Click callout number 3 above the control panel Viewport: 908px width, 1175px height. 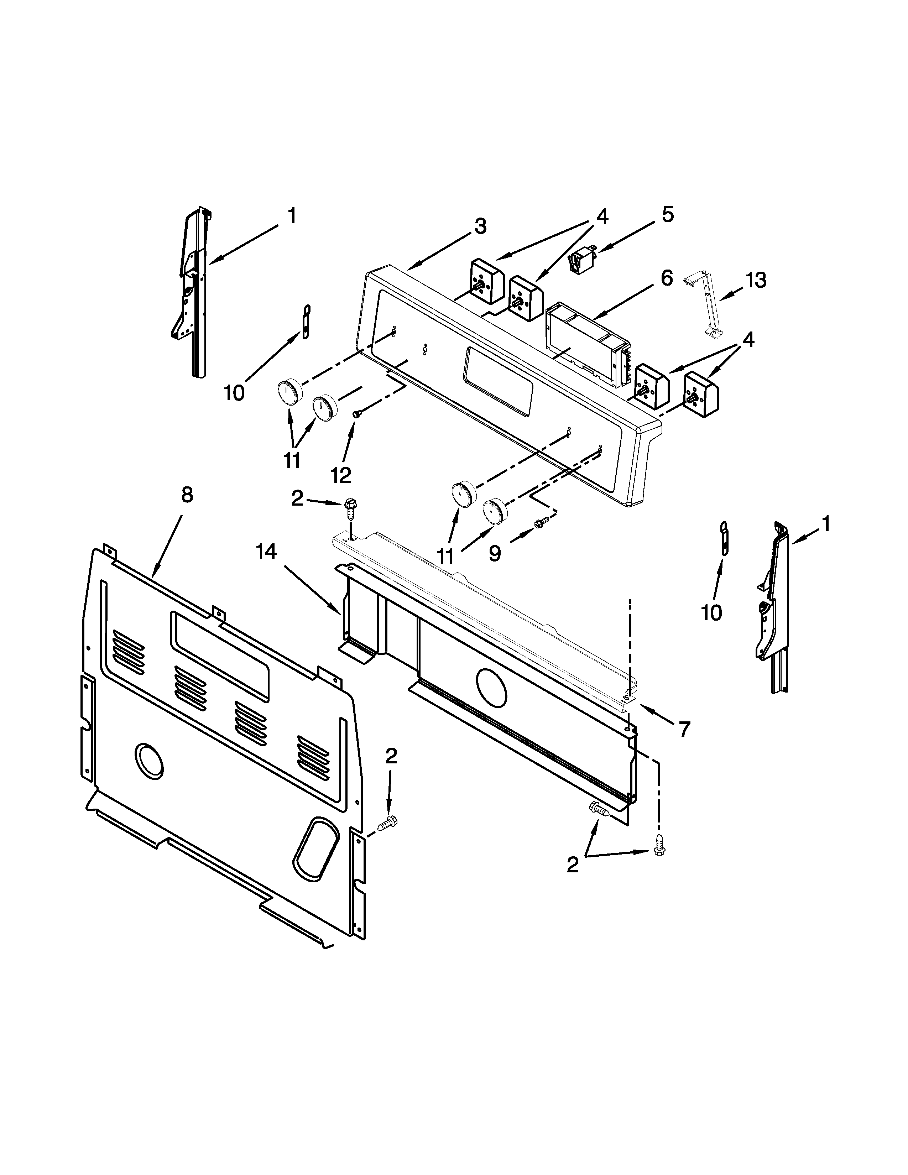(x=480, y=226)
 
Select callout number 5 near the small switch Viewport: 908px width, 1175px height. (x=667, y=215)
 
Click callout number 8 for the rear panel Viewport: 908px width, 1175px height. (x=187, y=495)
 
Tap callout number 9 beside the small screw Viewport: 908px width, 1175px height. (x=495, y=553)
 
